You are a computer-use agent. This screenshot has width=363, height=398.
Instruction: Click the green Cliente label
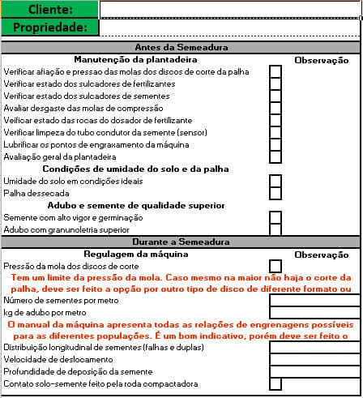click(x=49, y=10)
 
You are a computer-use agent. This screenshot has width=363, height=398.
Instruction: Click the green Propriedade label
click(x=49, y=28)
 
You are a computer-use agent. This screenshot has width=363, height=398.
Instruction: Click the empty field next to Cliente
click(x=231, y=10)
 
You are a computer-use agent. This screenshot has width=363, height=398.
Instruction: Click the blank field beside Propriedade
click(x=231, y=28)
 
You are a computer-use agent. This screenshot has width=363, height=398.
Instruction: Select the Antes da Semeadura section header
click(x=181, y=48)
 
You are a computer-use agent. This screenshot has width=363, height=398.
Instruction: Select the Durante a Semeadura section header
click(x=181, y=242)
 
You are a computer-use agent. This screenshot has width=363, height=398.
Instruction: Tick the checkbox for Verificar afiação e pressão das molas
click(x=275, y=72)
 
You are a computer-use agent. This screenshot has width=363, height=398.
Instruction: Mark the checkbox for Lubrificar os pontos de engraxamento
click(x=275, y=144)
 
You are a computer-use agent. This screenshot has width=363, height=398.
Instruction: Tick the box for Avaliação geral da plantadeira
click(x=275, y=156)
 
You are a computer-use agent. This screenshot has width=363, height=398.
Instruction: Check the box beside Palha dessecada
click(x=275, y=194)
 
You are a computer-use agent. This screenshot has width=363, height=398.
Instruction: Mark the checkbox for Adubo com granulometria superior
click(x=275, y=229)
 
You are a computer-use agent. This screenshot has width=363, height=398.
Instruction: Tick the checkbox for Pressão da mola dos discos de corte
click(x=275, y=266)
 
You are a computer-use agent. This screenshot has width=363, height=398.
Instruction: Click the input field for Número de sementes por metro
click(x=315, y=301)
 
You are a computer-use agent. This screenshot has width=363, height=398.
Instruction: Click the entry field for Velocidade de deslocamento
click(x=315, y=359)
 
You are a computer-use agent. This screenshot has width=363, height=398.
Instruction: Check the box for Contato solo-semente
click(x=275, y=383)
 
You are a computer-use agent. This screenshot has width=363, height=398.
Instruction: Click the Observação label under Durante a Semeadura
click(x=321, y=255)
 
